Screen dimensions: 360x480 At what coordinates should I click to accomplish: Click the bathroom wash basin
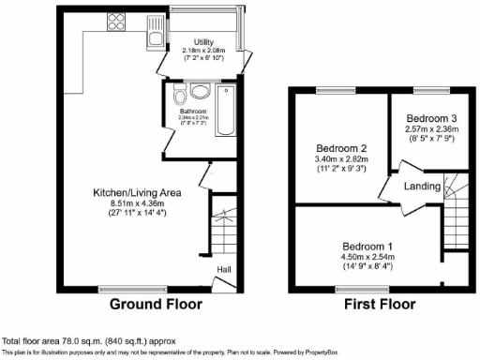[201, 91]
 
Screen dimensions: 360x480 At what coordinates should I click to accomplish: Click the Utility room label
[204, 43]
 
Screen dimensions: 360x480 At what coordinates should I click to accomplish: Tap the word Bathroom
[193, 111]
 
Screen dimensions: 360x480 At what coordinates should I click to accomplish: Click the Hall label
[225, 270]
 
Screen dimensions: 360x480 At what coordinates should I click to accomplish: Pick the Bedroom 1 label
[367, 245]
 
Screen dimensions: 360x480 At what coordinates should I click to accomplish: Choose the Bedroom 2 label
[340, 148]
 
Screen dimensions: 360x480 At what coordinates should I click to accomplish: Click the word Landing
[422, 186]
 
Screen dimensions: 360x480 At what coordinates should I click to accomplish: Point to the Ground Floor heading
[149, 305]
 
